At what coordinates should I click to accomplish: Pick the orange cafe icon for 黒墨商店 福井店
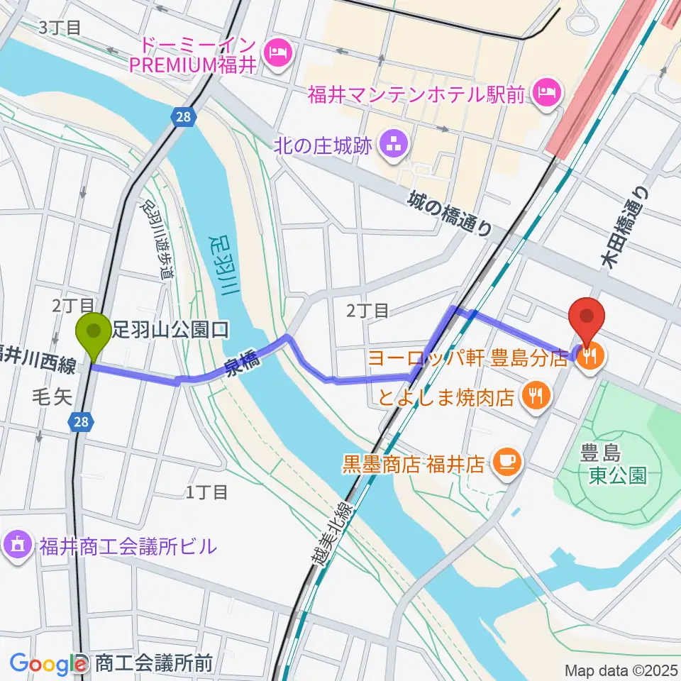509,464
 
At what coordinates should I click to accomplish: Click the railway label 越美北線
334,525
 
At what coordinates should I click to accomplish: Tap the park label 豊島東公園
616,463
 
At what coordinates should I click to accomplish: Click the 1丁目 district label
206,492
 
